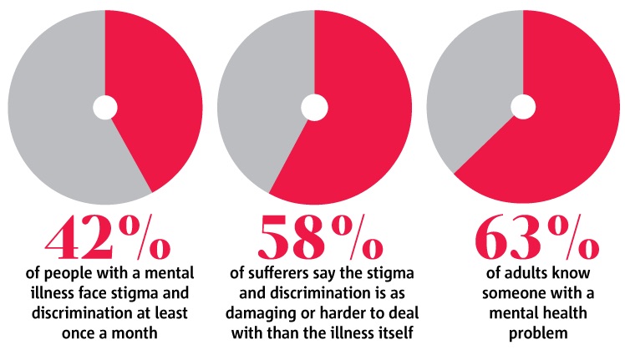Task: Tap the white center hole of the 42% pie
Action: point(104,107)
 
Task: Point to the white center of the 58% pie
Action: point(314,107)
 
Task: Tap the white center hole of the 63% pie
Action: point(523,107)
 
